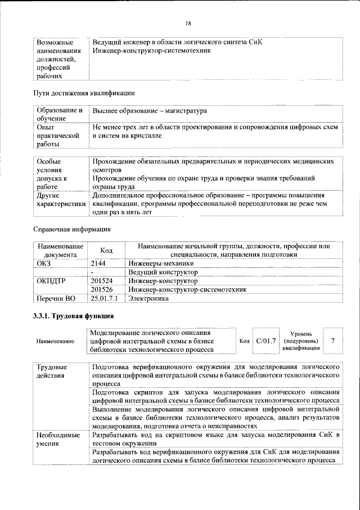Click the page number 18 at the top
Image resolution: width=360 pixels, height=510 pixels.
[188, 23]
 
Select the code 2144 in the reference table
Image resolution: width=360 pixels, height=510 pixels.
[98, 263]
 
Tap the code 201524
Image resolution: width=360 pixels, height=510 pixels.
[102, 280]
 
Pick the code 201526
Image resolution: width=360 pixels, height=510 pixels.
[102, 289]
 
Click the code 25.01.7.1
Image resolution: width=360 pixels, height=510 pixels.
[105, 299]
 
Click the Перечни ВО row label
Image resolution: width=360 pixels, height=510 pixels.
[55, 299]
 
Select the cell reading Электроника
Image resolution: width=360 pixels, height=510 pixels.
[148, 299]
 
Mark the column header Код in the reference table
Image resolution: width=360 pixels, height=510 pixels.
[106, 250]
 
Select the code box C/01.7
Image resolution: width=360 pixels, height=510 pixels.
[265, 341]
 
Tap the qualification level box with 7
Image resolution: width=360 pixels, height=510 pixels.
[334, 341]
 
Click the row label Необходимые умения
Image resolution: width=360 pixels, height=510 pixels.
[55, 440]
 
